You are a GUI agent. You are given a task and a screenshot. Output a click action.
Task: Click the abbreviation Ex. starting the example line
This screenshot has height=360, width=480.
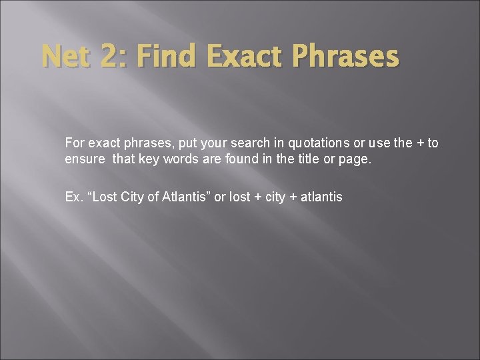[x=73, y=197]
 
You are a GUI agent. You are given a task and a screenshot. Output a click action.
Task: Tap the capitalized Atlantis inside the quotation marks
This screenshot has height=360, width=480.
[x=186, y=197]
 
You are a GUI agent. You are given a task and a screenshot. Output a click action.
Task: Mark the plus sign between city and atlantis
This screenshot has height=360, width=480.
[x=290, y=197]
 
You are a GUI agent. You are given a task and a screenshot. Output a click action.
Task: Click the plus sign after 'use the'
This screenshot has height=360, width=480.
[x=419, y=143]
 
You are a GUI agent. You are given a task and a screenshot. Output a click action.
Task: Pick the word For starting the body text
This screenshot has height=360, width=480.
[x=74, y=143]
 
